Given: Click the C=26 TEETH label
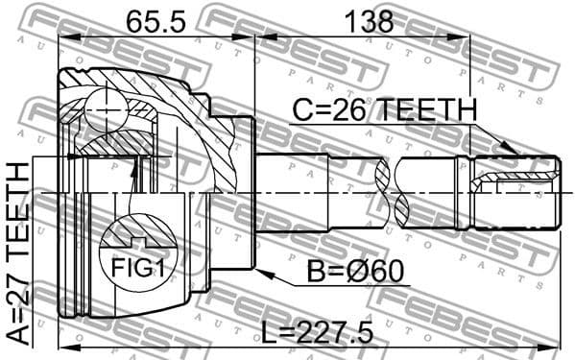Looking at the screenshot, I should pyautogui.click(x=382, y=111).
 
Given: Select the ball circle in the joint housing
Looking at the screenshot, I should pyautogui.click(x=103, y=107).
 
